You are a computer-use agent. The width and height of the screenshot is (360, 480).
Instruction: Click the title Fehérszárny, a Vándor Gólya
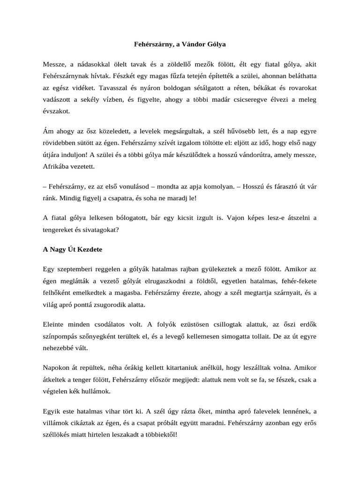tap(180, 44)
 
